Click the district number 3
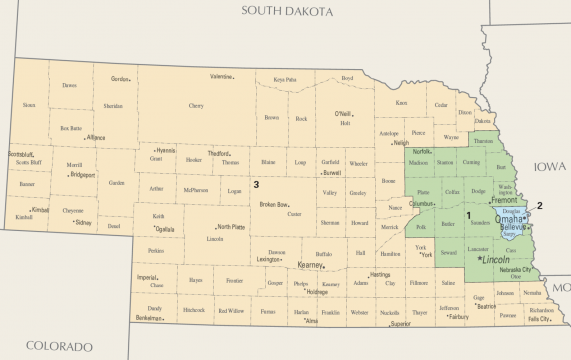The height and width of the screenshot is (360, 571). coord(256,184)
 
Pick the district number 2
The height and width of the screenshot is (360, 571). coord(539,206)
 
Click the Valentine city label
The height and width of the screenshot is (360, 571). coord(221,77)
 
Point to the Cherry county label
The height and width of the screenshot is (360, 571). coord(196,105)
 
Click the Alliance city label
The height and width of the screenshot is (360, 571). coord(96,138)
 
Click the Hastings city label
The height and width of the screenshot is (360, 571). coord(380,274)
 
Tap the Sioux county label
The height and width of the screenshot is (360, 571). coord(29,105)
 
